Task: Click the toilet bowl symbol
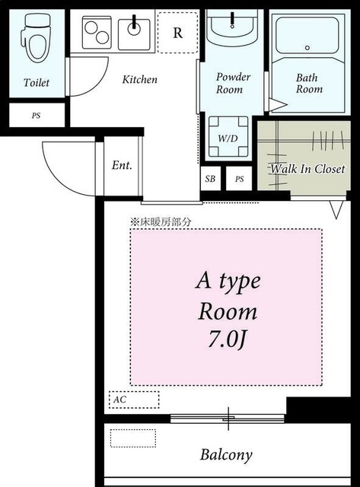(x=36, y=37)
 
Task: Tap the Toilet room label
(x=37, y=83)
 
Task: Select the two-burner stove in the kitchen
(x=97, y=32)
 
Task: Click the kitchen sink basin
(x=134, y=34)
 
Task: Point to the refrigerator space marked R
(x=177, y=33)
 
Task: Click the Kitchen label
(x=140, y=79)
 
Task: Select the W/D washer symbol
(x=228, y=136)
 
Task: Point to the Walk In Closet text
(x=307, y=169)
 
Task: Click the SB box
(x=210, y=179)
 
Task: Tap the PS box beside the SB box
(x=239, y=179)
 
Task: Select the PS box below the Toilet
(x=37, y=116)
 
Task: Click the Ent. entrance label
(x=122, y=165)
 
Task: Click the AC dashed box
(x=134, y=399)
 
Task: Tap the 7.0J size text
(x=228, y=339)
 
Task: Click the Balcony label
(x=226, y=455)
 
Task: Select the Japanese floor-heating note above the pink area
(x=161, y=221)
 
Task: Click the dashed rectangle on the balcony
(x=133, y=438)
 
